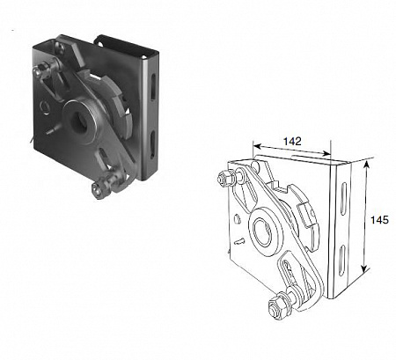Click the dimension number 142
click(292, 142)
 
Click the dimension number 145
click(379, 220)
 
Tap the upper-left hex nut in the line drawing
click(224, 178)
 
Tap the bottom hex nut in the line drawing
click(276, 306)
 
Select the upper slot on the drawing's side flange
click(343, 200)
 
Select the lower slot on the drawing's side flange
click(342, 261)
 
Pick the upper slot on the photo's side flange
click(153, 86)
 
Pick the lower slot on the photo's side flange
click(152, 144)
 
